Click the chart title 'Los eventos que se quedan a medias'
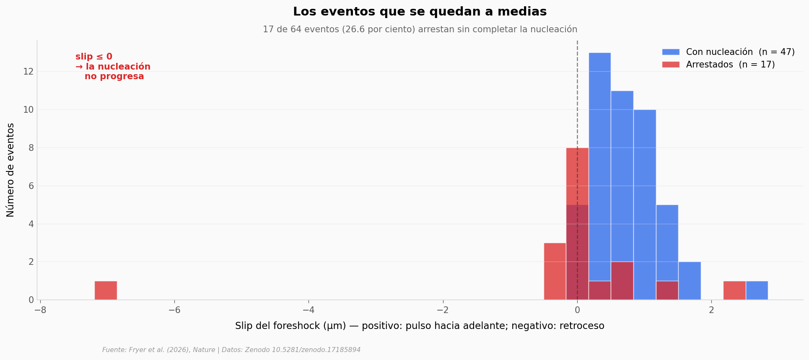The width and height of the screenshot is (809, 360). click(x=420, y=12)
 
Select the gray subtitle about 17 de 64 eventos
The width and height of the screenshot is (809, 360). click(x=420, y=29)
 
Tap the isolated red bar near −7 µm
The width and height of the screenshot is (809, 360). click(x=106, y=290)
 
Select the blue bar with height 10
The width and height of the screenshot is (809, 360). click(x=645, y=205)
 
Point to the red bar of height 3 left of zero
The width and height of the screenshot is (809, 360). click(x=555, y=272)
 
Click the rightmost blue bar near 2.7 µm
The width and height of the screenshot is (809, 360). click(x=757, y=290)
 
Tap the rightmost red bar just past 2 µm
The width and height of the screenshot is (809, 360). click(x=734, y=290)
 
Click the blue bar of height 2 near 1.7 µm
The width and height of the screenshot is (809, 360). click(x=690, y=281)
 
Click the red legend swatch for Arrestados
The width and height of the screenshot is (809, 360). click(x=671, y=65)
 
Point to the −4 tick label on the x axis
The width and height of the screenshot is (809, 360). click(x=309, y=310)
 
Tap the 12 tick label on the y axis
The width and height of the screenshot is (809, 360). click(x=29, y=72)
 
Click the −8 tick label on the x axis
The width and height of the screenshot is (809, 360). click(x=40, y=310)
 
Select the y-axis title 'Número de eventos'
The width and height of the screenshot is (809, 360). click(x=10, y=170)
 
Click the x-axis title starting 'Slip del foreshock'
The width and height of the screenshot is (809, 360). click(x=420, y=326)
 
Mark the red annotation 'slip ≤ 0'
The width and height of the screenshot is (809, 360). click(x=94, y=57)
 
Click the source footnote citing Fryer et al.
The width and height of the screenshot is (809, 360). click(x=231, y=350)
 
